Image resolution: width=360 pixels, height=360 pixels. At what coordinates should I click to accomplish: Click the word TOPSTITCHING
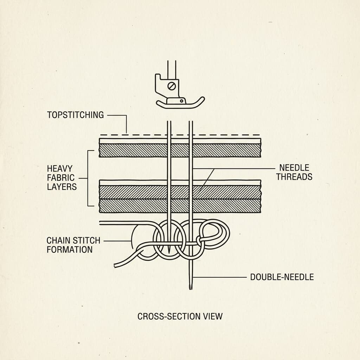coord(75,115)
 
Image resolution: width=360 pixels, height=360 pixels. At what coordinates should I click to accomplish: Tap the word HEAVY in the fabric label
coord(60,169)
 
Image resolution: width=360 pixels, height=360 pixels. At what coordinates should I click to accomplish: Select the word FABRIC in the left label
coord(60,178)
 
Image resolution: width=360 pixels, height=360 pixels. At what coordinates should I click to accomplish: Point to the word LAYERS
coord(62,187)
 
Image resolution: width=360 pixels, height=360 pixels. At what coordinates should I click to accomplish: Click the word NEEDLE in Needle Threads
coord(294,168)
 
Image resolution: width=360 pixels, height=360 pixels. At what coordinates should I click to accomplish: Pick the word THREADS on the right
coord(294,177)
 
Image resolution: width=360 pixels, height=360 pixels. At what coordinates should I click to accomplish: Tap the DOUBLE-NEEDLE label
coord(282,277)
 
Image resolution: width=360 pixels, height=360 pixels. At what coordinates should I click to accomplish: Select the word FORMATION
coord(70,250)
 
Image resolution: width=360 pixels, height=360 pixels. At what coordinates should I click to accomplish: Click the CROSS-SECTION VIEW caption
coord(180,316)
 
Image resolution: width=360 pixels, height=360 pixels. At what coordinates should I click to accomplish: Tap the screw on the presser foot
coord(172,86)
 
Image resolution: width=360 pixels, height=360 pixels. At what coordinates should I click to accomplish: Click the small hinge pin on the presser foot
coord(182,101)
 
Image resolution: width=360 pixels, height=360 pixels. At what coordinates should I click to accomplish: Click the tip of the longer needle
coord(191,289)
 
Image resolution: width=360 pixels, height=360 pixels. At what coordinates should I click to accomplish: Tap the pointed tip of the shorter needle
coord(169,252)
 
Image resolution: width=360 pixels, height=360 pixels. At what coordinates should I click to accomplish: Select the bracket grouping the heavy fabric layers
coord(88,178)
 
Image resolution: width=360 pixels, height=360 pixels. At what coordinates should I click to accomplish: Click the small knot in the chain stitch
coord(199,240)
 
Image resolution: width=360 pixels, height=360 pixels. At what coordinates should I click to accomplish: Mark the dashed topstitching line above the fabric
coord(180,135)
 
